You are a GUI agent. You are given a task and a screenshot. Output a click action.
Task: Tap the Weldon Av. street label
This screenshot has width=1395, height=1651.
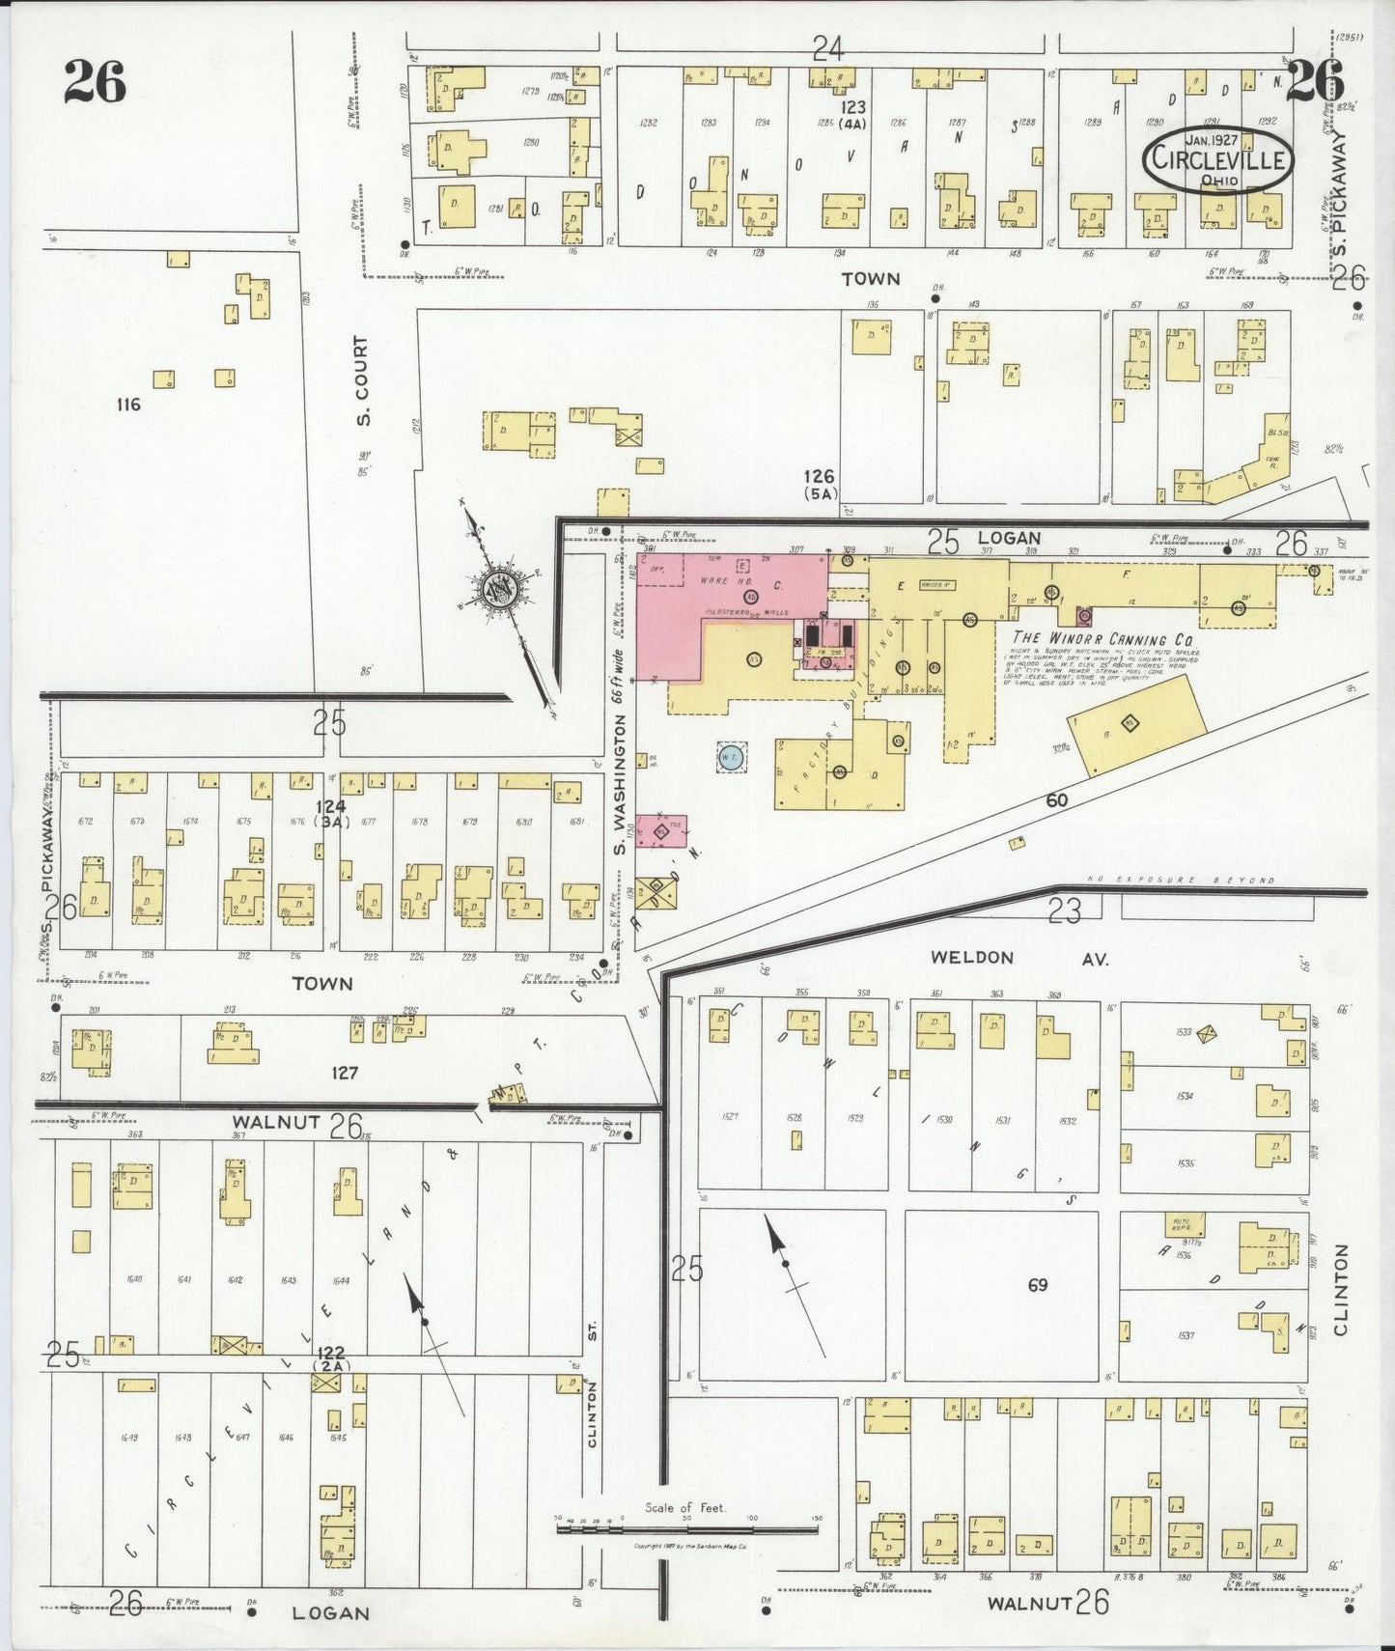coord(1018,958)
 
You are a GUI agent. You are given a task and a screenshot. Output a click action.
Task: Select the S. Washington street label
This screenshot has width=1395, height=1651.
coord(621,784)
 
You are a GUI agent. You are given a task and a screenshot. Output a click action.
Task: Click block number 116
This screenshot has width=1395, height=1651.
coord(127,404)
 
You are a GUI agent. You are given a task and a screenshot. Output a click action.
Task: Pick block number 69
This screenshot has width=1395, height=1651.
coord(1038,1285)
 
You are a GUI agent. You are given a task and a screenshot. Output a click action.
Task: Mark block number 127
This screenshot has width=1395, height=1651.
coord(345,1072)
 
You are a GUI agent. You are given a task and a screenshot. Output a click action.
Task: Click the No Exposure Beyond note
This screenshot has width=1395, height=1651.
coord(1181,881)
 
